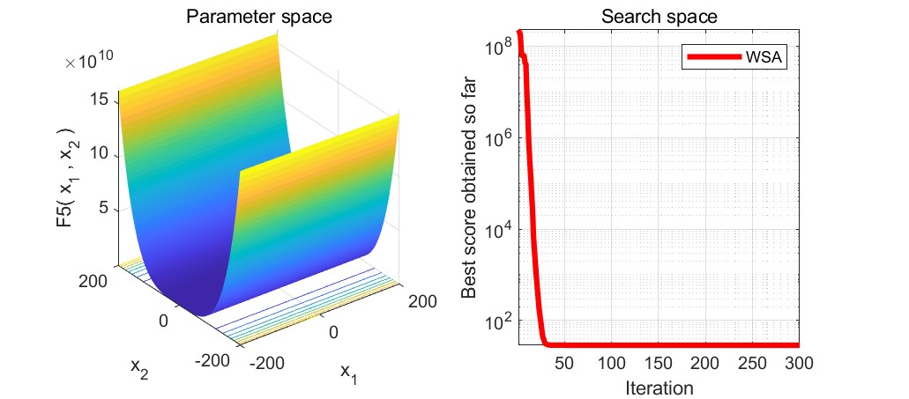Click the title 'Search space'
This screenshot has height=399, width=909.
coord(657,16)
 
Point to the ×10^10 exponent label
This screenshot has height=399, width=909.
coord(88,62)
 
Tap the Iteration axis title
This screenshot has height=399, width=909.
coord(658,387)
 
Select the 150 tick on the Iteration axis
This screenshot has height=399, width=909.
coord(658,363)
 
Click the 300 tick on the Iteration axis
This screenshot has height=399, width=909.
coord(795,363)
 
